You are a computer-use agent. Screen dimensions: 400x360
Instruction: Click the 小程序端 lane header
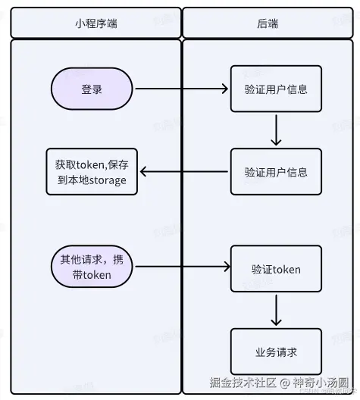[x=95, y=23]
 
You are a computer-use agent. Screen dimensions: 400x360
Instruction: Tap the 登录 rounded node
[x=92, y=89]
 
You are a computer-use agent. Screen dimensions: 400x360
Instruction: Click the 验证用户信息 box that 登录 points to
[x=276, y=89]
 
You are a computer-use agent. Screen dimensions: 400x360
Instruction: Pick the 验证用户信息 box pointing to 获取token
[x=276, y=172]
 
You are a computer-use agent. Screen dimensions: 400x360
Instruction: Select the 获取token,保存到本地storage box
[x=91, y=172]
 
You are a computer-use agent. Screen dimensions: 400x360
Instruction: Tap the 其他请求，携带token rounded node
[x=92, y=267]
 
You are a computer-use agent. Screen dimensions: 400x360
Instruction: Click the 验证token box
[x=276, y=269]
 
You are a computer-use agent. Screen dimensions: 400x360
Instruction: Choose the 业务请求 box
[x=276, y=352]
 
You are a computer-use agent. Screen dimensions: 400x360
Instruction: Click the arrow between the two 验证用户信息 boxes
[x=276, y=130]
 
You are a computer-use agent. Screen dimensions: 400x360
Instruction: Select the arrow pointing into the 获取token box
[x=184, y=172]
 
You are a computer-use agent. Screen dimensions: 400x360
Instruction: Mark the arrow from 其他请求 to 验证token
[x=182, y=267]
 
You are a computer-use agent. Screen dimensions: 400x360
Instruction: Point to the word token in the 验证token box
[x=286, y=269]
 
